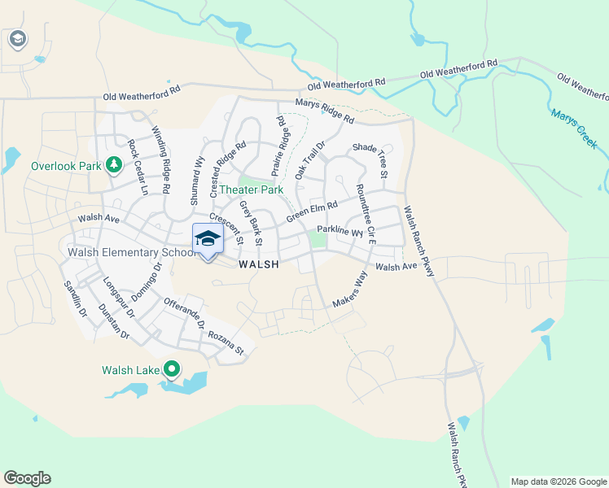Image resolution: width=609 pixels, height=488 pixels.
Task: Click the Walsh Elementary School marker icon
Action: tap(208, 240)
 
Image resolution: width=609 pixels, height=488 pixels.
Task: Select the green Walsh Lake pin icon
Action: tap(171, 370)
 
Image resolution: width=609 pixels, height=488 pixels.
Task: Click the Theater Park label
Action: tap(250, 190)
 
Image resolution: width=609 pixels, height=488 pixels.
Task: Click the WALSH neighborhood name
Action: tap(259, 264)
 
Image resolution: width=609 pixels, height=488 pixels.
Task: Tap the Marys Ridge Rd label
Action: tap(325, 112)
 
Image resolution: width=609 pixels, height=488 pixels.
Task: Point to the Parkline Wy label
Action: tap(340, 230)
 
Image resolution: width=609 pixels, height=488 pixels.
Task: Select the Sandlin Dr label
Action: tap(75, 300)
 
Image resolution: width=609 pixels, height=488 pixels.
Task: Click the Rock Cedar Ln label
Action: tap(138, 168)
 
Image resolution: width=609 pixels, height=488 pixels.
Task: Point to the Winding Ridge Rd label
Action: tap(160, 159)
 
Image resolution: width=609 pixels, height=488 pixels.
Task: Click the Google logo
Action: tap(27, 478)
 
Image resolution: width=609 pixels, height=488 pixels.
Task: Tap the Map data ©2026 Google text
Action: tap(559, 481)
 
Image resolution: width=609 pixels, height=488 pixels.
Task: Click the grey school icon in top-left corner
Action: tap(18, 38)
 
